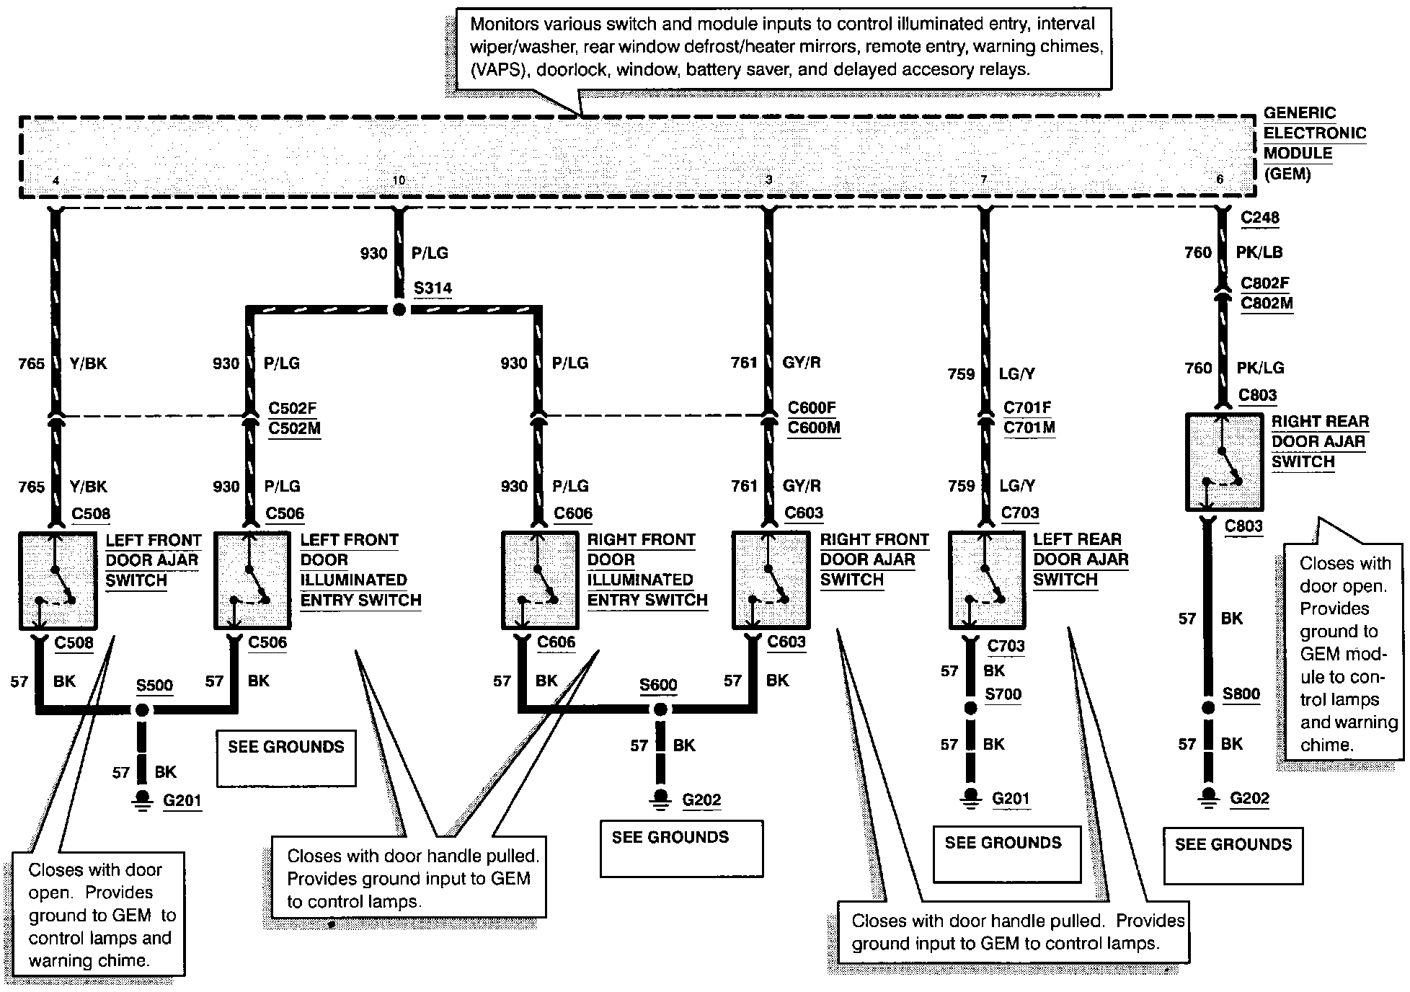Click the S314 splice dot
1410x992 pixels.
click(x=399, y=309)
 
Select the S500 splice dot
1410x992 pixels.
click(x=142, y=710)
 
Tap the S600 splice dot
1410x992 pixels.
click(x=660, y=710)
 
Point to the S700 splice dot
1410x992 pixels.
click(x=970, y=708)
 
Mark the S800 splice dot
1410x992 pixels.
click(x=1208, y=708)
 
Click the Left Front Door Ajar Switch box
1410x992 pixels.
click(x=58, y=580)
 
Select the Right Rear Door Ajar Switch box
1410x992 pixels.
click(x=1224, y=461)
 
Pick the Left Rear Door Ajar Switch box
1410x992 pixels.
click(x=986, y=580)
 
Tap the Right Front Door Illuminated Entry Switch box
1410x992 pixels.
click(x=540, y=580)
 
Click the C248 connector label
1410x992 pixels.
click(x=1259, y=218)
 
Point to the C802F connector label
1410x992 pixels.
click(x=1265, y=283)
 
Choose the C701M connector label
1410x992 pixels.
click(x=1029, y=428)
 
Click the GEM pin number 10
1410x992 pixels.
click(x=399, y=180)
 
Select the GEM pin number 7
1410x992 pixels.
click(x=983, y=180)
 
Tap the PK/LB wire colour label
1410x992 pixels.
click(x=1259, y=252)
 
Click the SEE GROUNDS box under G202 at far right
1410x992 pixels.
click(x=1233, y=856)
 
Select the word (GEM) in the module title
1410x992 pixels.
click(x=1287, y=174)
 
